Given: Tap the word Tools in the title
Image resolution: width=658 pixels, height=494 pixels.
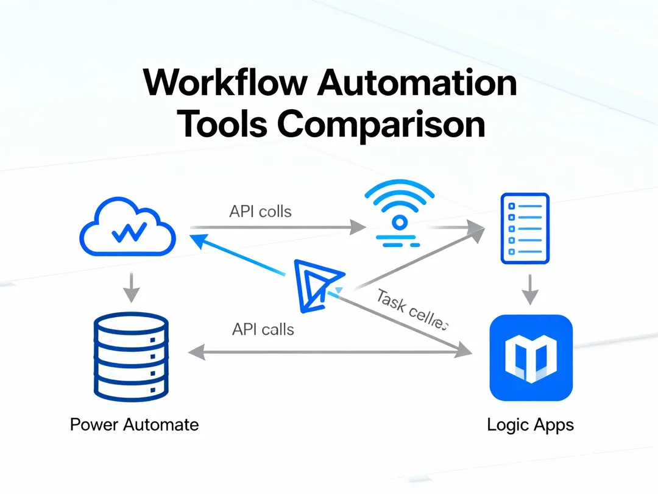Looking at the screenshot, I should pos(223,124).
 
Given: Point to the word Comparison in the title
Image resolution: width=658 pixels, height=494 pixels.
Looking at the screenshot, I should pos(381,124).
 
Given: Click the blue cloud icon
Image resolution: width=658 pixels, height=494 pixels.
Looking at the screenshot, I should pos(129,229).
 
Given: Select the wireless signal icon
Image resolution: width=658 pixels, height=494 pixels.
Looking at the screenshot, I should pos(399,217).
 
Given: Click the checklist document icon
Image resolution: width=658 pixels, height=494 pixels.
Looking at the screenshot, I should pos(525,228).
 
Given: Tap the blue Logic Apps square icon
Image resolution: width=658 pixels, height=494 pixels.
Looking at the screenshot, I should pos(531,358).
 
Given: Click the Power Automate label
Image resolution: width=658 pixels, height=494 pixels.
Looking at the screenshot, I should pos(134,424).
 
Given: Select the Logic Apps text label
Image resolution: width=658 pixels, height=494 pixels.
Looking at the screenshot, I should pos(530,424).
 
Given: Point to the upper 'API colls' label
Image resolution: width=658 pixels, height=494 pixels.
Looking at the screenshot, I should pos(260,212).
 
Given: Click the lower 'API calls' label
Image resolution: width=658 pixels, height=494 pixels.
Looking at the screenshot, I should pos(263,330).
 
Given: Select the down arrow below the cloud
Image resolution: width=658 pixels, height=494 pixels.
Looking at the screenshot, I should pos(129,287).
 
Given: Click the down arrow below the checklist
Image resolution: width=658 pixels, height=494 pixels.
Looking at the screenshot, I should pos(531,290).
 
